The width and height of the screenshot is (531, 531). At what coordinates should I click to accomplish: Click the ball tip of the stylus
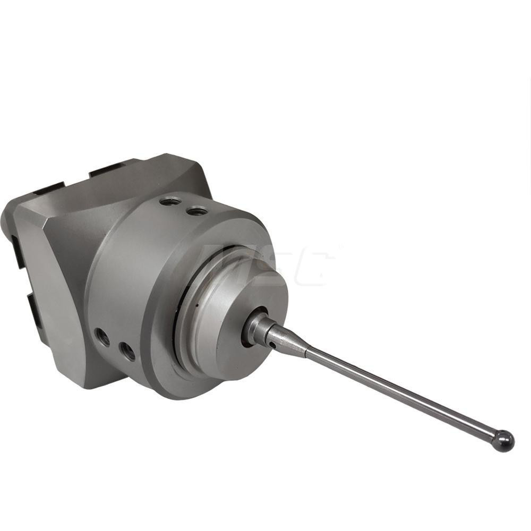[x=503, y=441]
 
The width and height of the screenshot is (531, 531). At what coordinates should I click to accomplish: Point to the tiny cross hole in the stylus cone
[x=272, y=345]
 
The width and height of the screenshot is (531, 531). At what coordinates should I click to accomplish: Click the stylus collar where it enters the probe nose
[x=255, y=327]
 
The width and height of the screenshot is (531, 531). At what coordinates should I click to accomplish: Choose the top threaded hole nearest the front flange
[x=197, y=211]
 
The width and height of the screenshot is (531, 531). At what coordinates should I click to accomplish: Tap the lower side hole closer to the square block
[x=102, y=337]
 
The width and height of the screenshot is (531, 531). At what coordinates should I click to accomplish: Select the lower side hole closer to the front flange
[x=127, y=350]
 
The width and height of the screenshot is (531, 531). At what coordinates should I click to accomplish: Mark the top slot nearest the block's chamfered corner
[x=50, y=187]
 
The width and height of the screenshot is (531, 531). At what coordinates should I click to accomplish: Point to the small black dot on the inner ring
[x=195, y=307]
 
